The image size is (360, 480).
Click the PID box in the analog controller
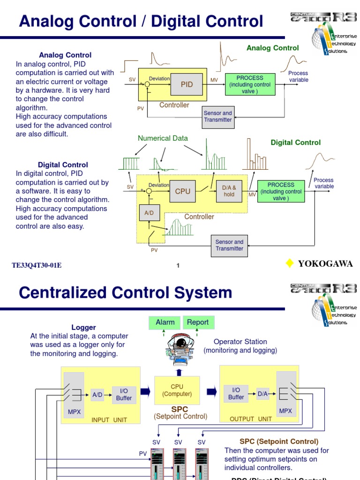click(x=187, y=84)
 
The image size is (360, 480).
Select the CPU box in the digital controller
click(x=182, y=191)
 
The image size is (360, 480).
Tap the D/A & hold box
click(x=229, y=191)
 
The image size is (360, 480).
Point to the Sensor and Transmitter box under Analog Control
click(x=218, y=117)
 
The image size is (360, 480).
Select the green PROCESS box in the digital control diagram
click(x=281, y=191)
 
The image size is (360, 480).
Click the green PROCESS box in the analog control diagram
click(x=250, y=84)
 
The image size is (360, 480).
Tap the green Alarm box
click(x=165, y=322)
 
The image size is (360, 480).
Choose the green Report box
click(x=198, y=322)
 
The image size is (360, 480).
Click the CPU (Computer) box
click(x=177, y=390)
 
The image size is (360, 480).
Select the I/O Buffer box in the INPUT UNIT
click(x=124, y=395)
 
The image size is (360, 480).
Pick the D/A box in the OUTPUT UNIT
click(x=262, y=394)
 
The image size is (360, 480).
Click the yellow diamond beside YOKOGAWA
click(x=290, y=263)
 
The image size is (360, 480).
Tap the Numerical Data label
click(x=163, y=138)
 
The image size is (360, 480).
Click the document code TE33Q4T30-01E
click(x=37, y=266)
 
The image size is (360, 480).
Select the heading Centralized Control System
click(x=125, y=293)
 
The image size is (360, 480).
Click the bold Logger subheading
click(x=83, y=328)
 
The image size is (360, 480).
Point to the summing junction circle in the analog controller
click(x=147, y=85)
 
